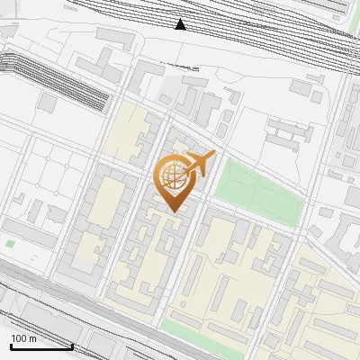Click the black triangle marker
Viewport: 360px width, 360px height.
tap(181, 24)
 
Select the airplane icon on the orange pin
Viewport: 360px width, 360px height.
tap(200, 164)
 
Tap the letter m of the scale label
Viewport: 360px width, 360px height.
tap(33, 338)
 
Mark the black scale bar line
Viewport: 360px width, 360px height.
tap(40, 346)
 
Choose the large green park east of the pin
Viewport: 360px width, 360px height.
tap(256, 191)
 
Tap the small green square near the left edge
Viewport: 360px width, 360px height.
tap(10, 243)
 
